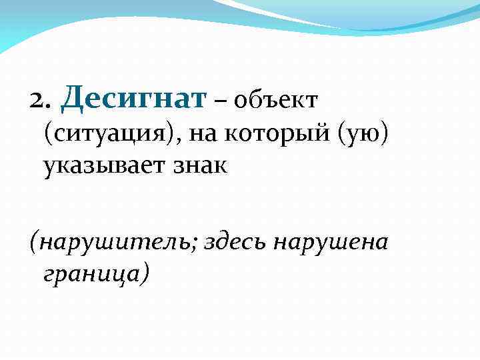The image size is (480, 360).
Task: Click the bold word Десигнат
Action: [134, 99]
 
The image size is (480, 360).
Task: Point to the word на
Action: [204, 135]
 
